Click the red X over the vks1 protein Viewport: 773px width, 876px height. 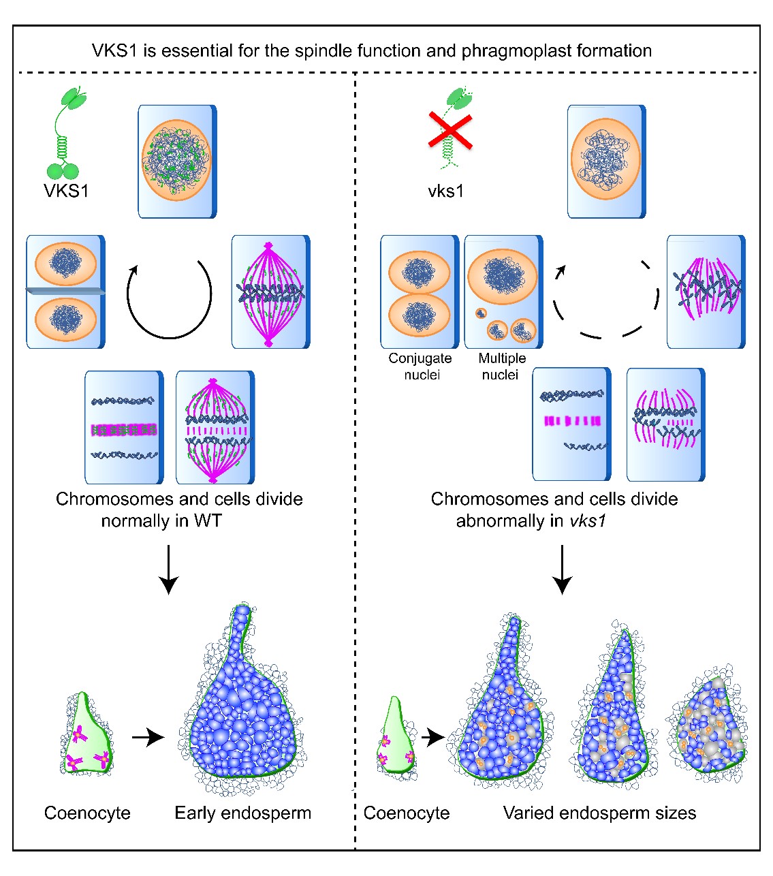[450, 131]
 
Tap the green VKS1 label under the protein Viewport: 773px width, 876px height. [66, 191]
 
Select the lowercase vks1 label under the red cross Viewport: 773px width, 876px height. [446, 191]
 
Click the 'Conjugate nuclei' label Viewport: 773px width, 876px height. [420, 366]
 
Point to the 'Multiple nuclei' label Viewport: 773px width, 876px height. [502, 366]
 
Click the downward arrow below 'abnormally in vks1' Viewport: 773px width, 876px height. [562, 569]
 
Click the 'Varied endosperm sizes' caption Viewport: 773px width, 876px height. [599, 813]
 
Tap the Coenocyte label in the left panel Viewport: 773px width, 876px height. [87, 813]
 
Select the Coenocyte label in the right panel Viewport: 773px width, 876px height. [407, 813]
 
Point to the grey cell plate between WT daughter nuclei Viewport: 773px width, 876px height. [66, 292]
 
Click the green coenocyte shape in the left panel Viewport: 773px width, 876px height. [86, 736]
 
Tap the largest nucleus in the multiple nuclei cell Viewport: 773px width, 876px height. [503, 276]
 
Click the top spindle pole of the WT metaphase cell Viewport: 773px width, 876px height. [269, 246]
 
